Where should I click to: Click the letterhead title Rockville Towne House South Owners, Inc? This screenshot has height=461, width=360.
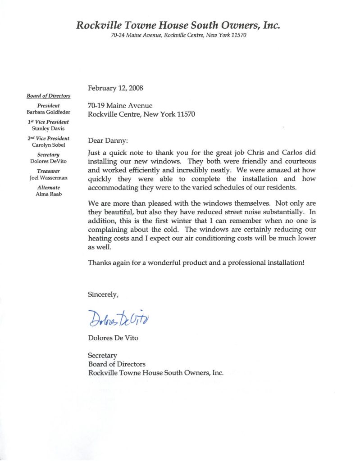[178, 26]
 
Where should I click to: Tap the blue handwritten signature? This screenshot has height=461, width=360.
[118, 319]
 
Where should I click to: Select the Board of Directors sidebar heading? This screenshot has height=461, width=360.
[48, 95]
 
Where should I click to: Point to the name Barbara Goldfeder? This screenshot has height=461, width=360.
[48, 112]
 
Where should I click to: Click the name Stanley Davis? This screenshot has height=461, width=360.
[48, 128]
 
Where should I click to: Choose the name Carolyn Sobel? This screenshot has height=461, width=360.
[48, 145]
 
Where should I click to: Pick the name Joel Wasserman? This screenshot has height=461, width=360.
[48, 177]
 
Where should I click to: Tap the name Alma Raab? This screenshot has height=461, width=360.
[48, 194]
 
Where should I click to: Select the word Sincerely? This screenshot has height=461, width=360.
[103, 295]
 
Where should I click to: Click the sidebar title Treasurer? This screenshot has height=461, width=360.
[48, 171]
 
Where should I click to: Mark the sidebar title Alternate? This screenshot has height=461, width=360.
[48, 187]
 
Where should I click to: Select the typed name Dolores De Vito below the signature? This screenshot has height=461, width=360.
[113, 338]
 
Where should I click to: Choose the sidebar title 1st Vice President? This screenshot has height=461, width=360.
[48, 122]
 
